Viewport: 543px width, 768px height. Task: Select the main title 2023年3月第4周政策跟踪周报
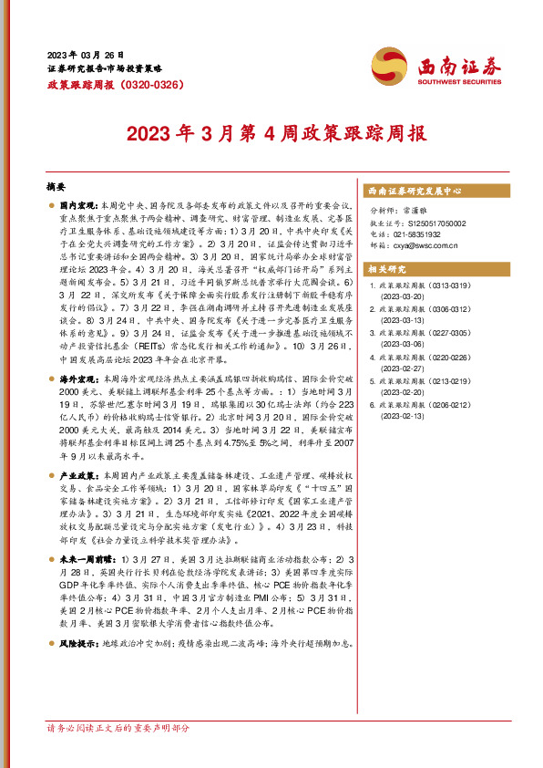(x=272, y=133)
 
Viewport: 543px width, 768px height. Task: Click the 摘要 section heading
(x=56, y=183)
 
